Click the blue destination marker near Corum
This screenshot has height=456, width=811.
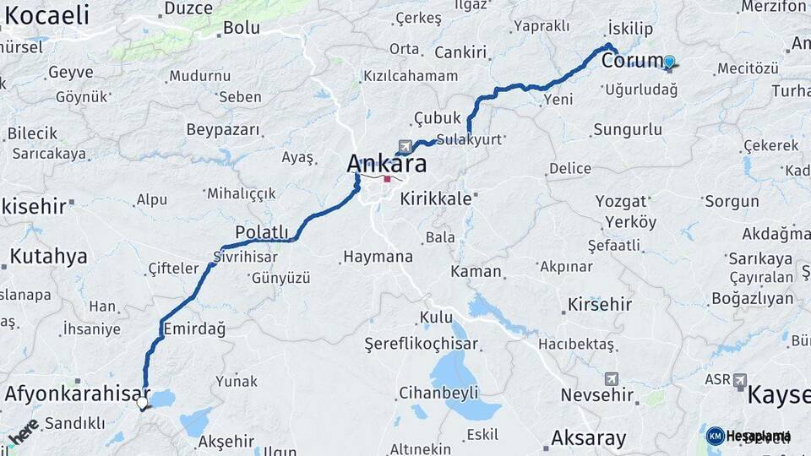click(x=669, y=62)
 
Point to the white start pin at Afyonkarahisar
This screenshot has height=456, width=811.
click(x=143, y=404)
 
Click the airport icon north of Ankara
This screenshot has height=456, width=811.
click(x=405, y=147)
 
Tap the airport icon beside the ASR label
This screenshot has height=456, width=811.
click(x=740, y=380)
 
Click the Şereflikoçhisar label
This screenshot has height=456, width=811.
click(x=421, y=344)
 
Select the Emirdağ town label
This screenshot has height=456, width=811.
click(x=195, y=329)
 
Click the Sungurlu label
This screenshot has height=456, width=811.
click(x=628, y=129)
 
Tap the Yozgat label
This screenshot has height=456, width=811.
click(x=621, y=201)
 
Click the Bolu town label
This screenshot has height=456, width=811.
click(x=241, y=28)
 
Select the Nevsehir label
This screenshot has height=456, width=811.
click(x=596, y=395)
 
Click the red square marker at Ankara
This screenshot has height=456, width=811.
click(x=387, y=179)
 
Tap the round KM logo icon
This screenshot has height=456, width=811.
click(x=715, y=436)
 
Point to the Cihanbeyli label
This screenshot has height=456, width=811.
click(x=438, y=393)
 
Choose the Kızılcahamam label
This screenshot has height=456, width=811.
click(x=410, y=76)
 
